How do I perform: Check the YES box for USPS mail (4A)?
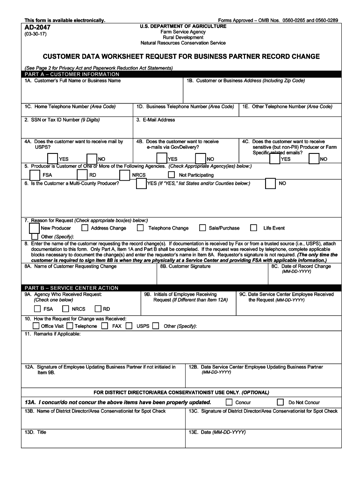click(x=52, y=159)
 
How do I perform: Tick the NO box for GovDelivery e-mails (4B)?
click(x=201, y=159)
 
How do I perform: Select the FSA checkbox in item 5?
click(x=35, y=175)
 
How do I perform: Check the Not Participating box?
click(x=172, y=174)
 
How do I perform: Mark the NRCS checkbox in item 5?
click(x=124, y=175)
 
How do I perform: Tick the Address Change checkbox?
click(x=85, y=228)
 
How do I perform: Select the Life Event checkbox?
click(x=253, y=228)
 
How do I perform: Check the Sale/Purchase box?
click(x=202, y=228)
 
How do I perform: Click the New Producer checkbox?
click(x=34, y=228)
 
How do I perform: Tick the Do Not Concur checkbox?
click(x=281, y=402)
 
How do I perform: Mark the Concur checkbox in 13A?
click(x=229, y=402)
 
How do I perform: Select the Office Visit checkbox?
click(x=36, y=326)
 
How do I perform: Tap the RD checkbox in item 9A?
click(x=98, y=309)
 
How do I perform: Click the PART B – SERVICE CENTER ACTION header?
click(x=72, y=288)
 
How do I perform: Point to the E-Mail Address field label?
click(x=156, y=120)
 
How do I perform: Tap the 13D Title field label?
click(x=36, y=432)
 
